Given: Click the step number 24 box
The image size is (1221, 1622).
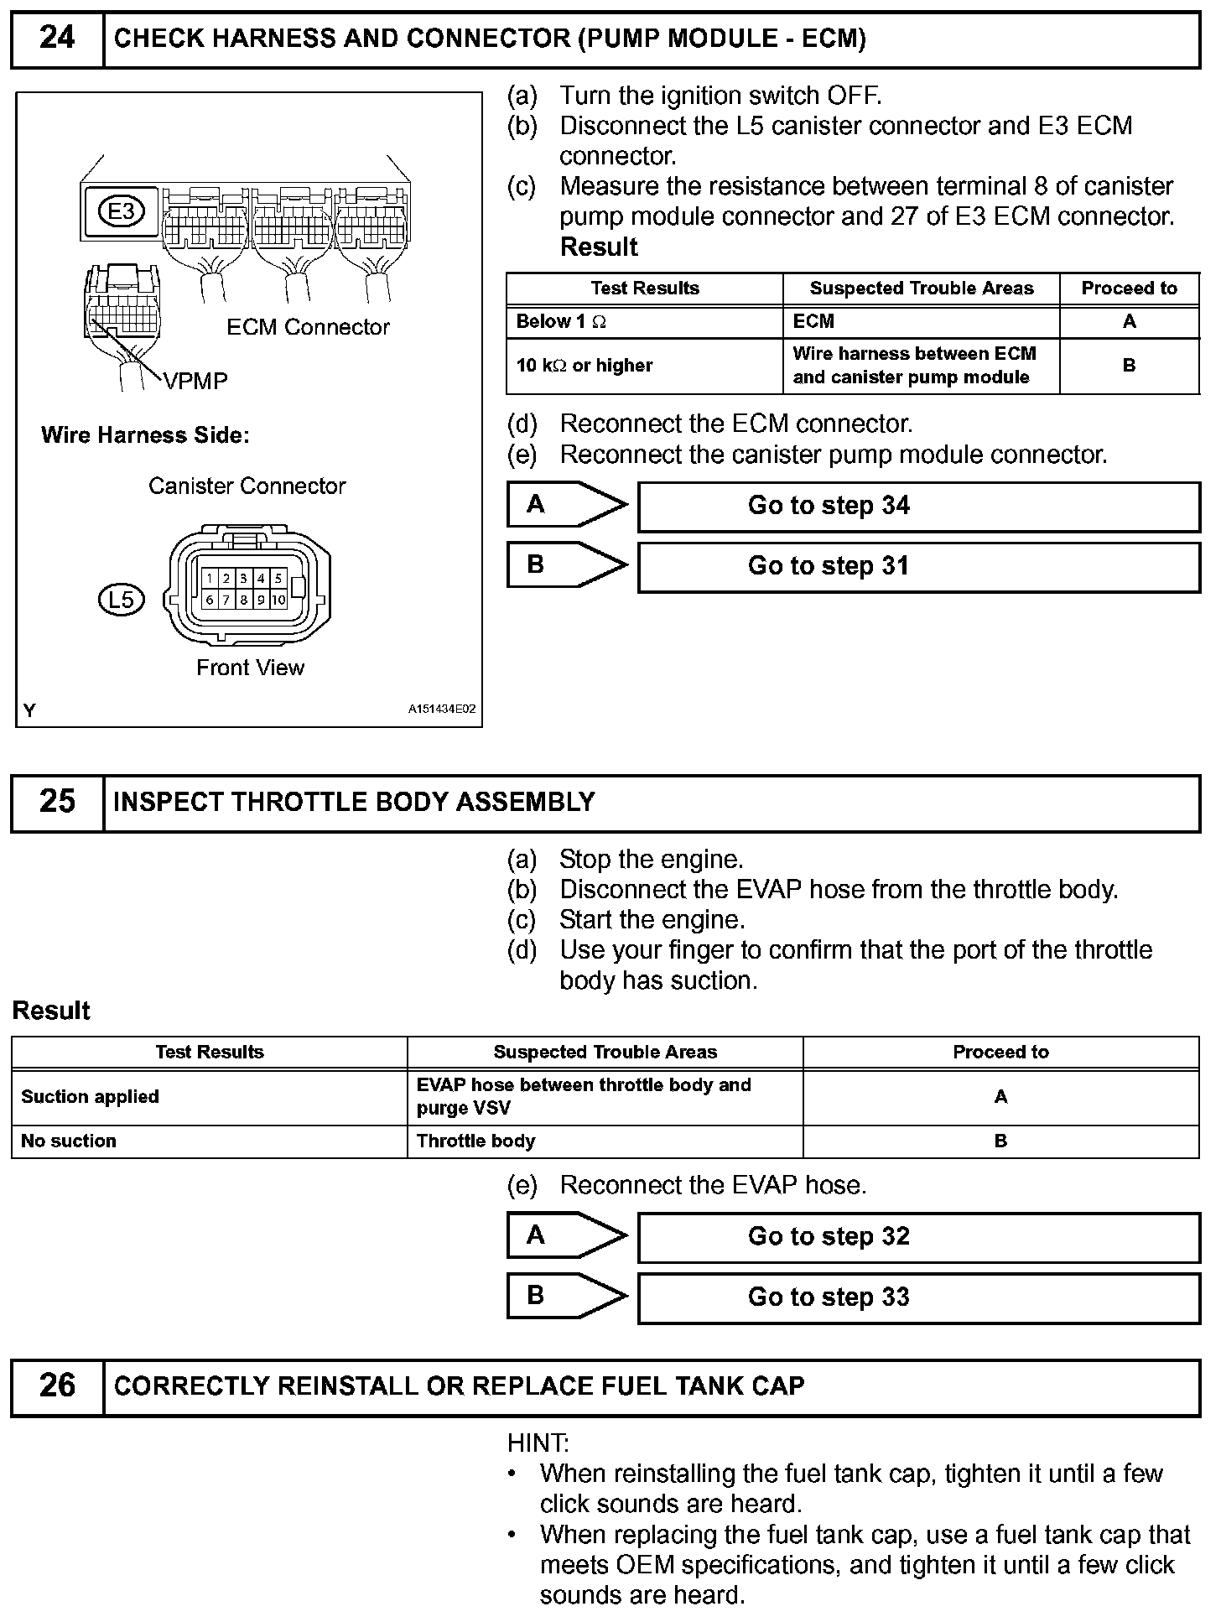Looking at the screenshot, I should click(57, 39).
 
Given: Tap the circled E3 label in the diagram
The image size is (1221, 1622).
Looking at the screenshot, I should click(122, 211).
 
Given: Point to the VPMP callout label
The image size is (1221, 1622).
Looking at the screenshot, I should click(195, 382).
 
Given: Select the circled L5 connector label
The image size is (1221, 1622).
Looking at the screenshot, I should click(121, 599).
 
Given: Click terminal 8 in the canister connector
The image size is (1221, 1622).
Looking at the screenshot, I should click(243, 600).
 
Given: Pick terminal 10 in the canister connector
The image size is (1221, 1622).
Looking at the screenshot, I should click(278, 600).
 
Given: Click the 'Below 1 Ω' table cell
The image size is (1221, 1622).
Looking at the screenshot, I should click(644, 322).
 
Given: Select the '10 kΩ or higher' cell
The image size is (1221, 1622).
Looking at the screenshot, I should click(644, 366).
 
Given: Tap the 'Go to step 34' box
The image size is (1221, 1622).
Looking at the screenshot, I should click(918, 507).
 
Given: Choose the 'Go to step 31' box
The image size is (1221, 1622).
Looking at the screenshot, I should click(918, 567).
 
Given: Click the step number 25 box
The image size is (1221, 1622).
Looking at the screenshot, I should click(57, 802).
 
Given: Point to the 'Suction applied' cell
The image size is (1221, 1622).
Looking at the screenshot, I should click(209, 1097).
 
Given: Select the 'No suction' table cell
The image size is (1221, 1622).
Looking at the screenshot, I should click(209, 1141).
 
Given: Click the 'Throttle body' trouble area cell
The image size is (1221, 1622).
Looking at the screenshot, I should click(605, 1141).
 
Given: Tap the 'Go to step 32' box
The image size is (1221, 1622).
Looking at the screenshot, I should click(918, 1237).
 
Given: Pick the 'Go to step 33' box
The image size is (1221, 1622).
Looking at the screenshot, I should click(918, 1297).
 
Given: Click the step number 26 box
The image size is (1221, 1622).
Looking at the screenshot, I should click(57, 1385).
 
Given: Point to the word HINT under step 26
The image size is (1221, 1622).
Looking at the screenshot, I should click(538, 1443).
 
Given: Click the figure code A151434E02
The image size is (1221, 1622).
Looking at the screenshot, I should click(441, 710).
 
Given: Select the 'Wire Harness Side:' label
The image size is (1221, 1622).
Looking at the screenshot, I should click(145, 435).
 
